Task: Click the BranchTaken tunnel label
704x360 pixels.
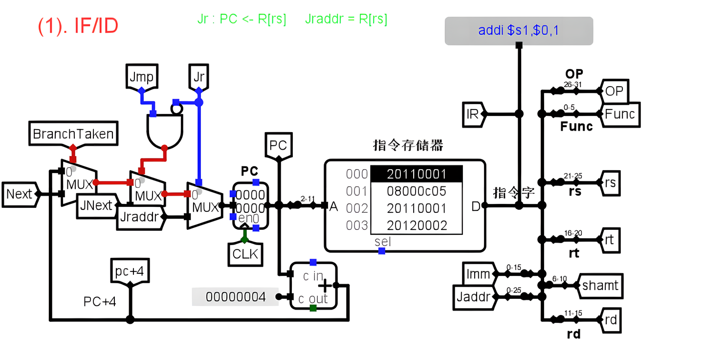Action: point(73,134)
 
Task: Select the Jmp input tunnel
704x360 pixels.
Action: point(142,77)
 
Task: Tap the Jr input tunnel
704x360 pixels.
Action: point(198,77)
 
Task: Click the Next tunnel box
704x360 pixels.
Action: point(19,194)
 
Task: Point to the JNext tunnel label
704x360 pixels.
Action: point(96,205)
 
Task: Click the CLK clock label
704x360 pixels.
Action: point(244,254)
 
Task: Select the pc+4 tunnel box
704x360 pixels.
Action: point(130,271)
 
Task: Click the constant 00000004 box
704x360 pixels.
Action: point(235,297)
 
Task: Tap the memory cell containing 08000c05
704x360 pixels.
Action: point(417,191)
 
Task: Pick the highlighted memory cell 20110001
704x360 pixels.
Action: point(417,174)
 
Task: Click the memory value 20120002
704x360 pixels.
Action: point(417,225)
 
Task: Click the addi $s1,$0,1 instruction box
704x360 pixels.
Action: point(519,31)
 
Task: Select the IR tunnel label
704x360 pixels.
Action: point(473,114)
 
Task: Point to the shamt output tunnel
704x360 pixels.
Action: point(600,286)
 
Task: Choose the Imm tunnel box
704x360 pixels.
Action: point(477,274)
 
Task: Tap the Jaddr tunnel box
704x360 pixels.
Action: point(473,297)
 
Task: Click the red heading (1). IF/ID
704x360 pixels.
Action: point(78,26)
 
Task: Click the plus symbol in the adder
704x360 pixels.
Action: point(324,285)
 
